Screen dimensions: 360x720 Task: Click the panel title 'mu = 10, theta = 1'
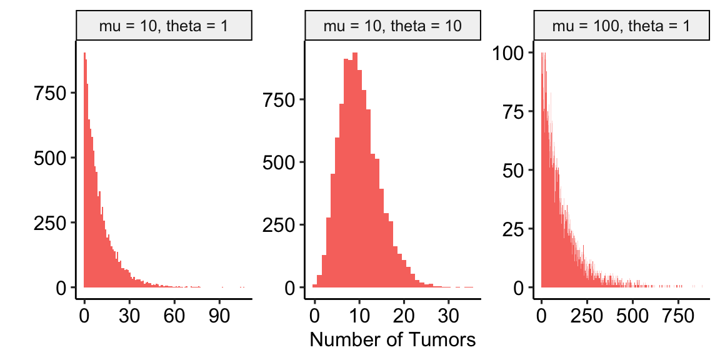(x=164, y=26)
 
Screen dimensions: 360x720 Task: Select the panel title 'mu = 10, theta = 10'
(x=392, y=26)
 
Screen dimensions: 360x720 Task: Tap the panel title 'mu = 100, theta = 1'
(x=621, y=26)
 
